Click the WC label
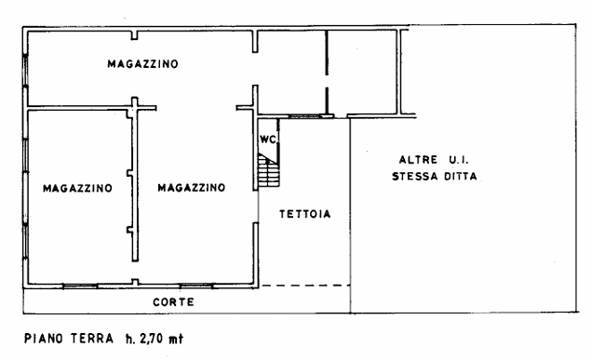coord(268,140)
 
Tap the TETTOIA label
coord(305,214)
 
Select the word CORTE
coord(174,302)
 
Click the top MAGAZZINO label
coord(142,64)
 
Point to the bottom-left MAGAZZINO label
coord(77,188)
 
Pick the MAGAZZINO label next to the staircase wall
coord(192,188)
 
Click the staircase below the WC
coord(269,170)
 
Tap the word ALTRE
coord(418,160)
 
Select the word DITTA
coord(461,176)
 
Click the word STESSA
coord(415,176)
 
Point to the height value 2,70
coord(151,339)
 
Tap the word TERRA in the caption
coord(92,338)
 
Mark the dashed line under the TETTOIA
coord(306,286)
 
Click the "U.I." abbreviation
coord(459,160)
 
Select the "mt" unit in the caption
coord(176,339)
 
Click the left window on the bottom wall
coord(80,286)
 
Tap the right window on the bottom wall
coord(196,286)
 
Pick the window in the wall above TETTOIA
coord(304,116)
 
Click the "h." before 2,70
coord(130,339)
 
